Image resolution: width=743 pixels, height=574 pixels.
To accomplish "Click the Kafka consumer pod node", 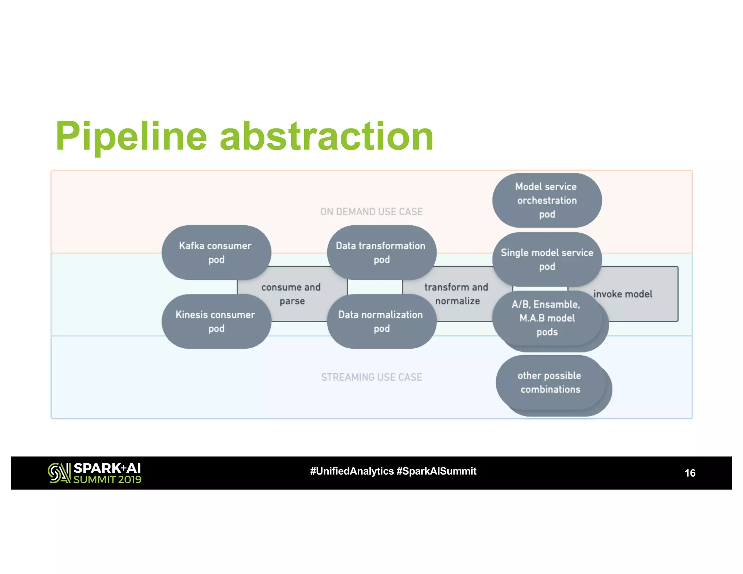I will click(x=216, y=252).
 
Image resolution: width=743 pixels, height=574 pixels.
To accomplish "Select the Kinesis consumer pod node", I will click(x=216, y=321).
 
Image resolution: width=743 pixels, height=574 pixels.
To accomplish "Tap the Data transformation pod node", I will click(x=381, y=252).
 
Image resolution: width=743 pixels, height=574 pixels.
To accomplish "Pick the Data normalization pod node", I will click(x=381, y=321).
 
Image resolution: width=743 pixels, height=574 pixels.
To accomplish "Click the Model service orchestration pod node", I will click(x=547, y=200).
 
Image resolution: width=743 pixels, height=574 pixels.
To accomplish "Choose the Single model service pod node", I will click(x=547, y=259).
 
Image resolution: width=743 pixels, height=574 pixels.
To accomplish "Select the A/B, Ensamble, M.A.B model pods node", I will click(x=547, y=318).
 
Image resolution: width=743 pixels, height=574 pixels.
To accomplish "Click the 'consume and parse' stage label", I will click(x=291, y=294).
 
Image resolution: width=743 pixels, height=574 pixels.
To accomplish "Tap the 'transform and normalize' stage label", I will click(x=457, y=294).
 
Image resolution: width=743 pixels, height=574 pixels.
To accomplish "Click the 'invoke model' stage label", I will click(x=623, y=294).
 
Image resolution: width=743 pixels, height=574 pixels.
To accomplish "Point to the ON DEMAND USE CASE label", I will click(x=371, y=212).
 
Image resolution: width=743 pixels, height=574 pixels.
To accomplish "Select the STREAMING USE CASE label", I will click(x=371, y=377).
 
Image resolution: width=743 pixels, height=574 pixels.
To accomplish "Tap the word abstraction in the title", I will click(x=327, y=136).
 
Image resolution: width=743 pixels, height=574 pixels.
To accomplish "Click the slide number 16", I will click(x=690, y=473).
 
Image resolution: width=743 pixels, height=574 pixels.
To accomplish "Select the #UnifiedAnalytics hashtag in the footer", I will click(x=352, y=471).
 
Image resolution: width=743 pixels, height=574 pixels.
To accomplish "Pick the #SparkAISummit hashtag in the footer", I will click(x=436, y=471).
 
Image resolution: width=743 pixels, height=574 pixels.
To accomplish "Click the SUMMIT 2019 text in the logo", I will click(x=107, y=480).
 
